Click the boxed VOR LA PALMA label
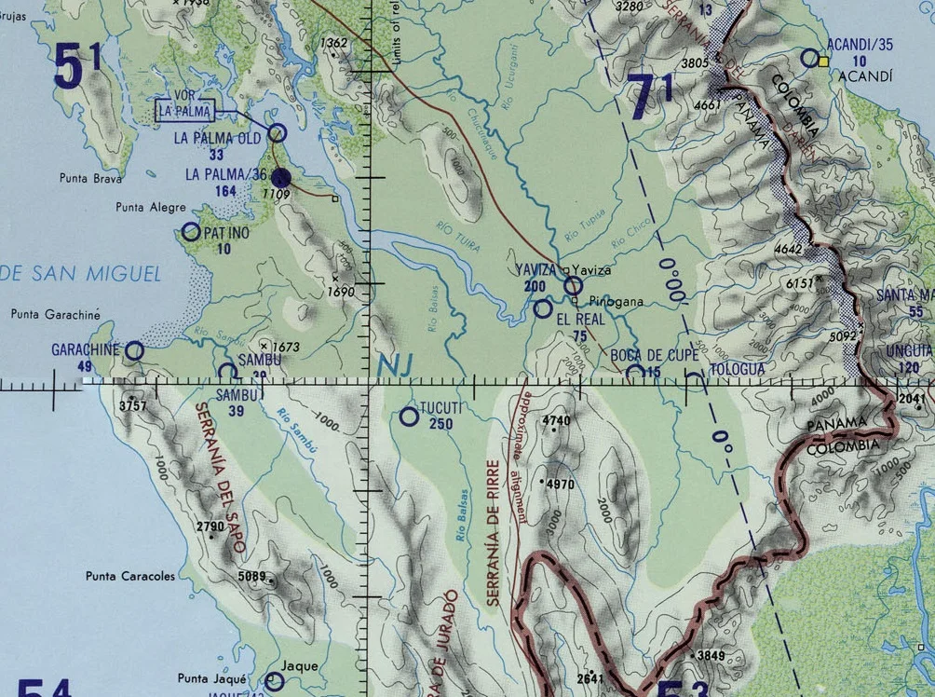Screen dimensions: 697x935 (184, 111)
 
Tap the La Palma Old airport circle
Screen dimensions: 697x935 (277, 133)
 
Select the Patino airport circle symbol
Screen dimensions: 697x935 (191, 232)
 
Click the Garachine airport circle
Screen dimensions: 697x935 (134, 350)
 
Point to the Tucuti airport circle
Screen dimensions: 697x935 (409, 417)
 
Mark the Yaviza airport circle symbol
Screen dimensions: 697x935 (573, 285)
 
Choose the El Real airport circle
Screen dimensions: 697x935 (543, 307)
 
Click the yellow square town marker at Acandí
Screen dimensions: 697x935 (823, 61)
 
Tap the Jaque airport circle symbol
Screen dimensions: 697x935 (274, 681)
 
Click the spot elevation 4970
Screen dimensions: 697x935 (559, 485)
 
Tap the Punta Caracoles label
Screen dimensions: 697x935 (130, 576)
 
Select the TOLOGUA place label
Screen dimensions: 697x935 (738, 369)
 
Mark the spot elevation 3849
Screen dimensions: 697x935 (711, 656)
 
